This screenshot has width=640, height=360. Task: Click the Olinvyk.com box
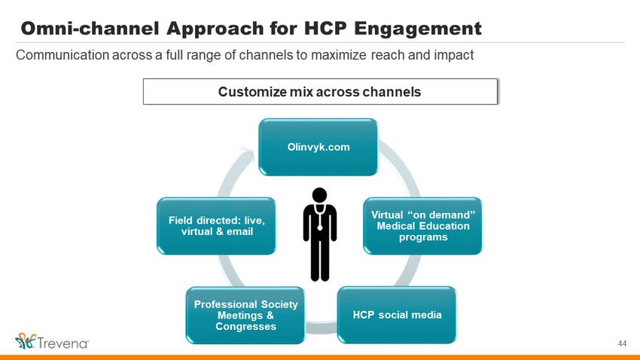(318, 147)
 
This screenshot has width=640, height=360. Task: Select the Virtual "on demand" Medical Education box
(423, 226)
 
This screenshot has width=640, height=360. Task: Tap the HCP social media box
(397, 315)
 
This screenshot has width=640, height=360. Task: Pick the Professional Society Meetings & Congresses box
(245, 315)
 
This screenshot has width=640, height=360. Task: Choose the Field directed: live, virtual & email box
(217, 226)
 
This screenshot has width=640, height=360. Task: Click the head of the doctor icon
(319, 195)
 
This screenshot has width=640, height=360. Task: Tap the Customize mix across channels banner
(321, 91)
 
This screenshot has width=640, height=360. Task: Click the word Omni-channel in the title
(90, 29)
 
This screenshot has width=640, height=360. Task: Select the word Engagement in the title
(418, 29)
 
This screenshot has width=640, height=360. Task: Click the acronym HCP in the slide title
(325, 29)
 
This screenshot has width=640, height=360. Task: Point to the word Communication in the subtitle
(62, 55)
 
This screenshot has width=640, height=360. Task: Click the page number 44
(622, 343)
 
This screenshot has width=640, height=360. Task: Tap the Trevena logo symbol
(26, 341)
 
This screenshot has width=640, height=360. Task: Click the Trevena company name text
(63, 343)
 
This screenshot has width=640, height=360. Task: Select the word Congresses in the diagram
(245, 327)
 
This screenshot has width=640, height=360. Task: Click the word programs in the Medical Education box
(423, 237)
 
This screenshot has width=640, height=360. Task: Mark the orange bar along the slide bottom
(320, 358)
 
